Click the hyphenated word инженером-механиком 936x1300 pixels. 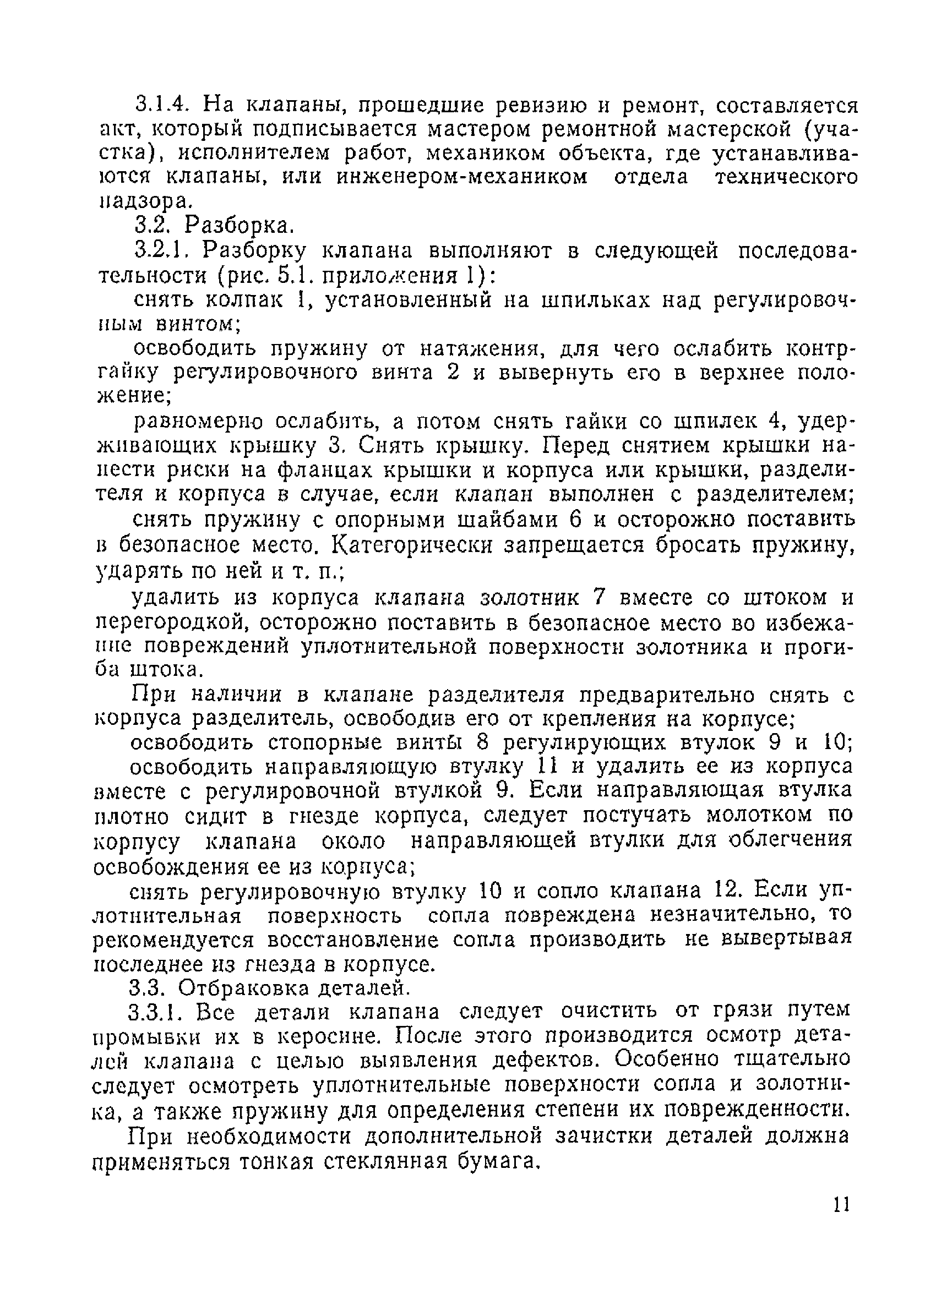(462, 177)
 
